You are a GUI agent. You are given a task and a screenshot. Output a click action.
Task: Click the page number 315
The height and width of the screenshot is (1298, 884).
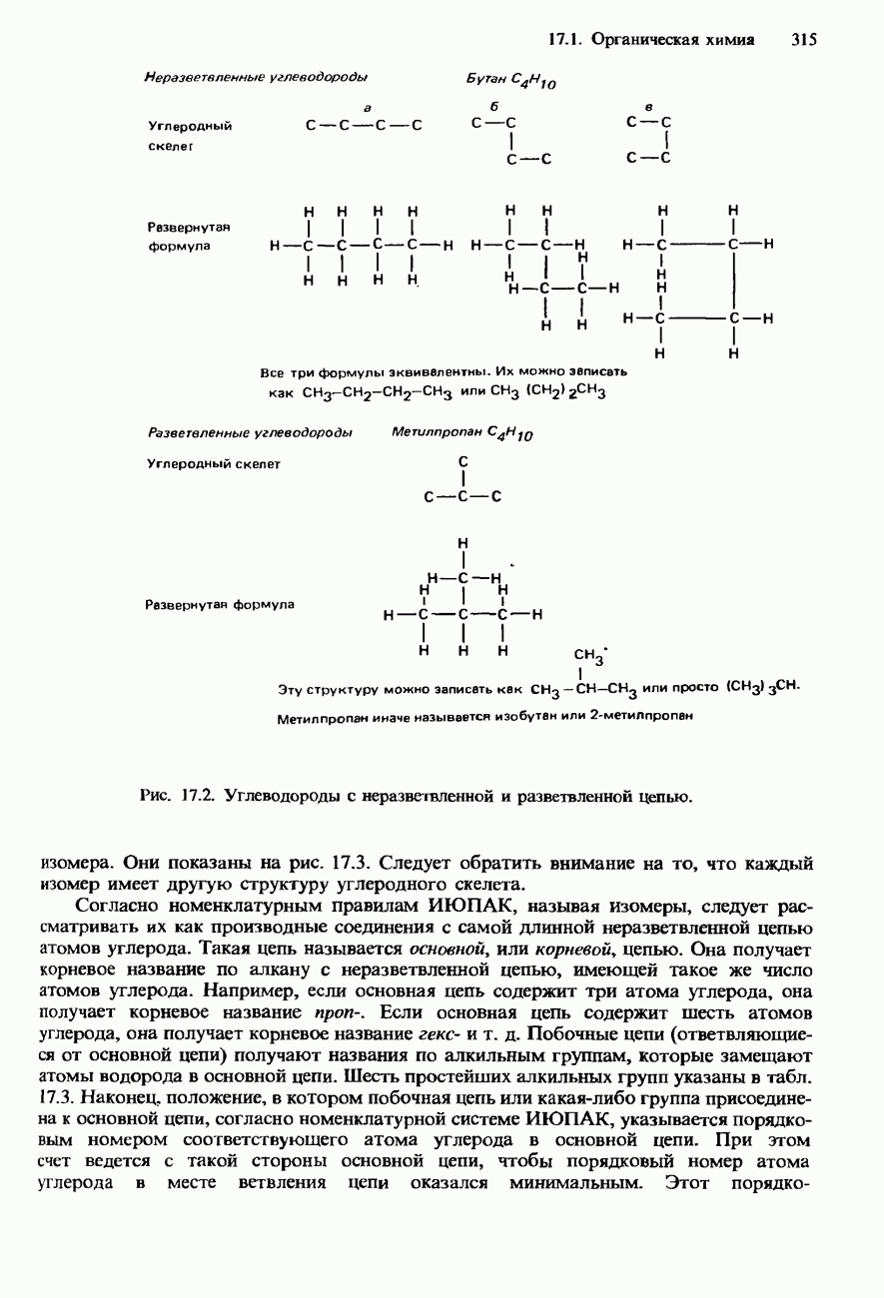pyautogui.click(x=804, y=40)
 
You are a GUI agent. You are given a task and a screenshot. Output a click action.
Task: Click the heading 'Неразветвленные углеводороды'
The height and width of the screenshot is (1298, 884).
pyautogui.click(x=256, y=77)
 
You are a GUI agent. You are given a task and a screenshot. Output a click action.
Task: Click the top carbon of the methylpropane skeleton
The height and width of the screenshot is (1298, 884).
pyautogui.click(x=462, y=462)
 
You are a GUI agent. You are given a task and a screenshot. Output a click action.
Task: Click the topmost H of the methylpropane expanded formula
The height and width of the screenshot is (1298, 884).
pyautogui.click(x=463, y=542)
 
